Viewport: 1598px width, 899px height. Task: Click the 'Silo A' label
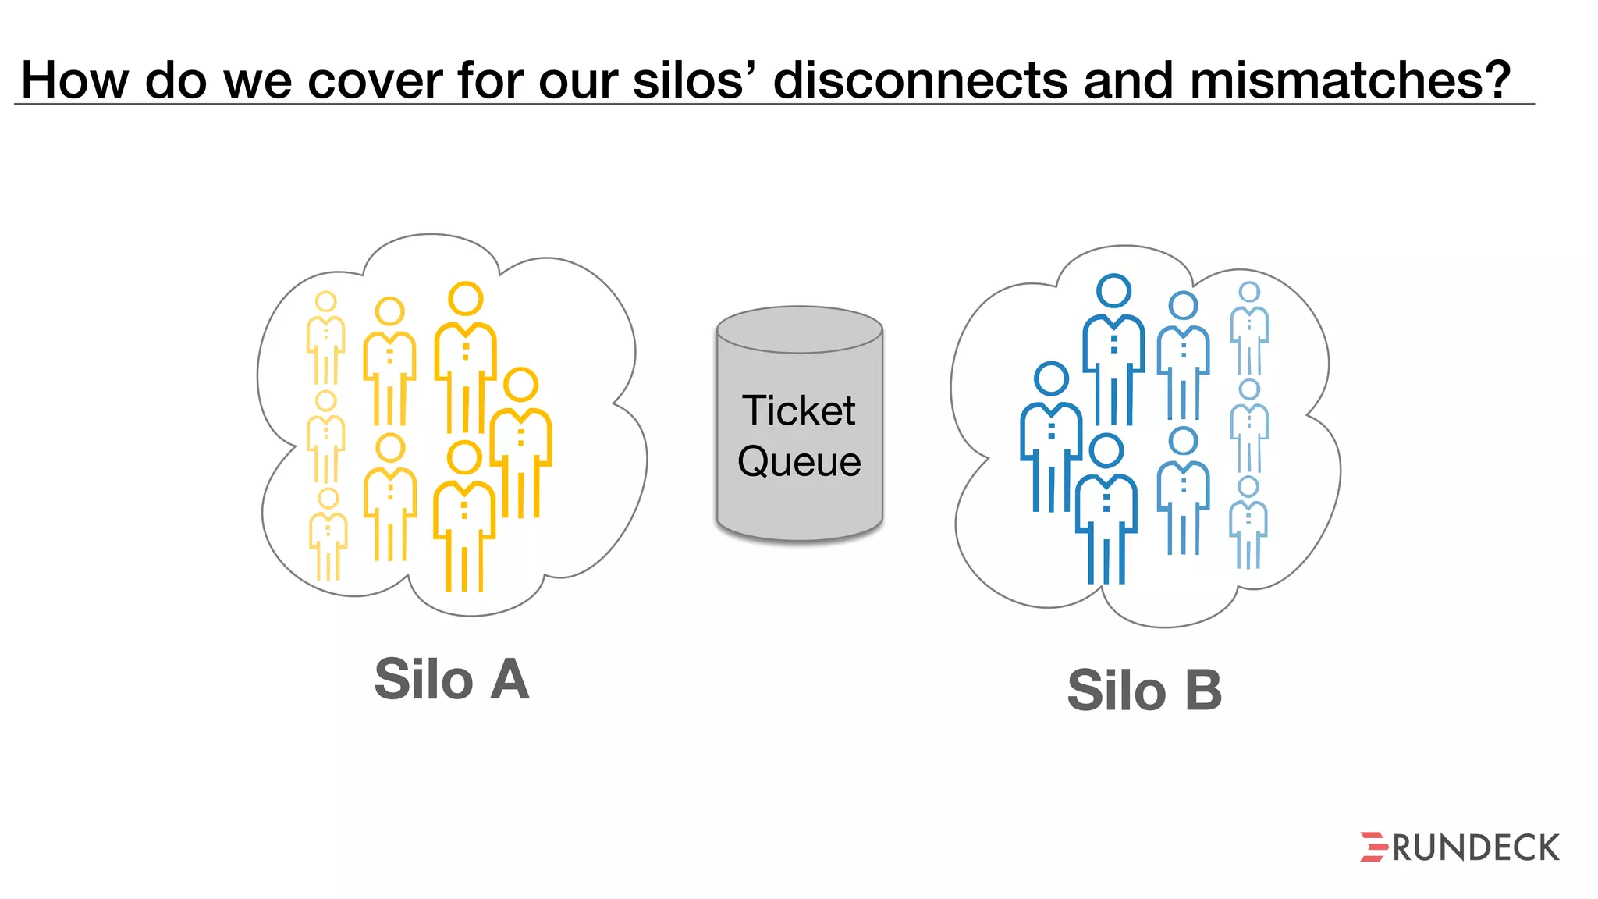(452, 679)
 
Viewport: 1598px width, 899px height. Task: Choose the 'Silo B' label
(1144, 691)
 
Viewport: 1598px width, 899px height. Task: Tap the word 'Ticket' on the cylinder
(798, 410)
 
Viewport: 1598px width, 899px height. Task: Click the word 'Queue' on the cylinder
(799, 461)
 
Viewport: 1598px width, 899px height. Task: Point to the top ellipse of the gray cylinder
(800, 329)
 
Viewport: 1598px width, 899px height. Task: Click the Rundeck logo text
(1475, 848)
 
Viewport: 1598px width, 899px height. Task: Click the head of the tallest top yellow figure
(466, 299)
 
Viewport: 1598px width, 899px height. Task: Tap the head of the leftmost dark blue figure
(1051, 378)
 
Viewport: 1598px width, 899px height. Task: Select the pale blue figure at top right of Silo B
(1249, 328)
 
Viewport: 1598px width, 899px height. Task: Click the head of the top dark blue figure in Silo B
(1113, 290)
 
